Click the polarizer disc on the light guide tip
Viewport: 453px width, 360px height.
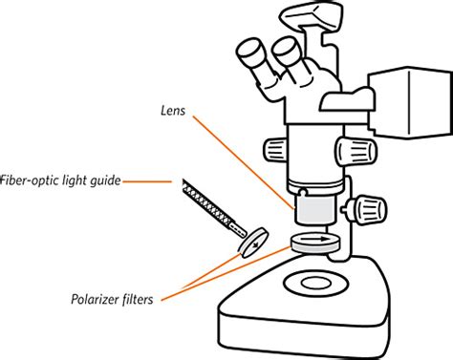pos(250,242)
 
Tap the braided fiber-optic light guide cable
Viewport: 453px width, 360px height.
pos(210,205)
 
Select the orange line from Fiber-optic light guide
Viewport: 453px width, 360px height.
pos(148,180)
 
